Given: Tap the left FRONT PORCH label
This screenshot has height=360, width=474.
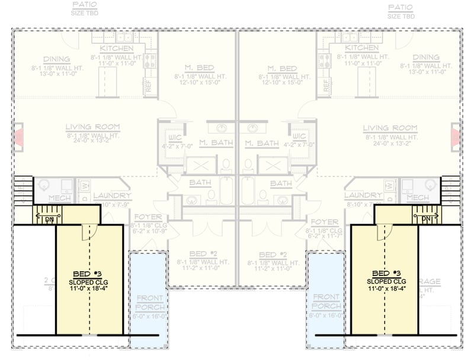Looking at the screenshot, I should click(x=150, y=302).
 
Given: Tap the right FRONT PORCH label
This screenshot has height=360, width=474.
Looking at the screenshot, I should click(x=326, y=302).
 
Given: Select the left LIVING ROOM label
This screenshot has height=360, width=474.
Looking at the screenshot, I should click(x=92, y=127).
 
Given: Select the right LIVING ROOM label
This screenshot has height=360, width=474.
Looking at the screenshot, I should click(x=390, y=128).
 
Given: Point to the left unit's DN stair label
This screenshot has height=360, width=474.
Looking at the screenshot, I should click(x=50, y=220).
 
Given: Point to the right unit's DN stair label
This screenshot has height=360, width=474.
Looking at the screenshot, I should click(x=425, y=220).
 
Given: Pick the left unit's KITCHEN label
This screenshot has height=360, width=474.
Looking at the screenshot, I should click(x=116, y=48).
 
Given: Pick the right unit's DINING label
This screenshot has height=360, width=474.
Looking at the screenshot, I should click(x=425, y=57).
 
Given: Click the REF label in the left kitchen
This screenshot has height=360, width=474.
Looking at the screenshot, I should click(x=147, y=86).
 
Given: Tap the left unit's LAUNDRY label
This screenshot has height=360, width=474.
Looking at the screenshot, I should click(x=111, y=195).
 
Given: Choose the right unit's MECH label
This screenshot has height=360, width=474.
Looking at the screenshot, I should click(x=418, y=197).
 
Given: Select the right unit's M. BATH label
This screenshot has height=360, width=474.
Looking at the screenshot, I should click(x=262, y=143).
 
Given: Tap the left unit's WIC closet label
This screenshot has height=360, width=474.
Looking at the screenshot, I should click(x=174, y=137).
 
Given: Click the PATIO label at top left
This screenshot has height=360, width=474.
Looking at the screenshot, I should click(x=85, y=6).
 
